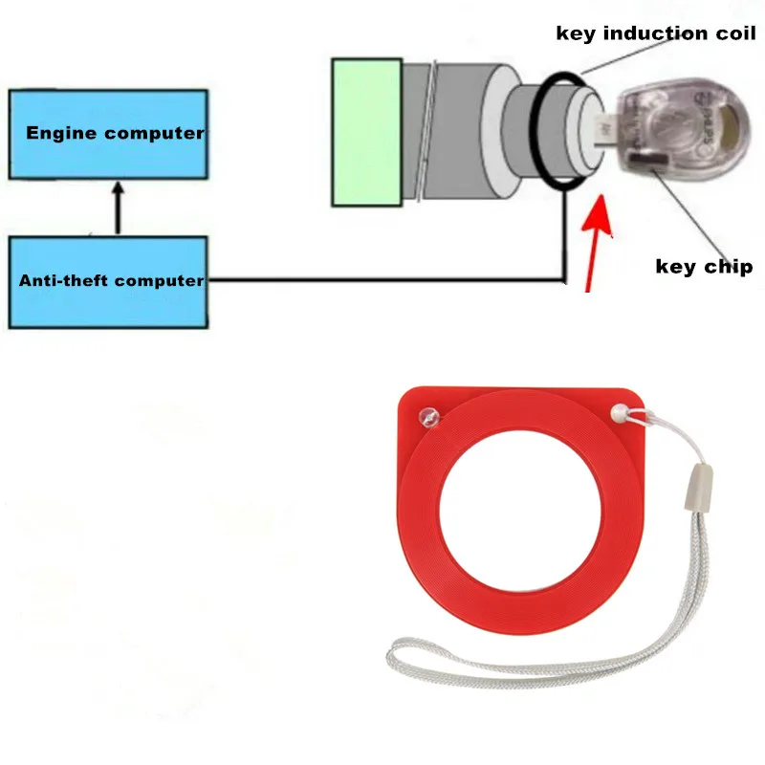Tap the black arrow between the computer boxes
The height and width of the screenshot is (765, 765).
click(x=118, y=208)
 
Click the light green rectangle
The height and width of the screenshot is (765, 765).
click(x=366, y=132)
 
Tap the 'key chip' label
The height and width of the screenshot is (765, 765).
click(x=704, y=266)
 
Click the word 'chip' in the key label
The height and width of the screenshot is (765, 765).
click(x=732, y=267)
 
